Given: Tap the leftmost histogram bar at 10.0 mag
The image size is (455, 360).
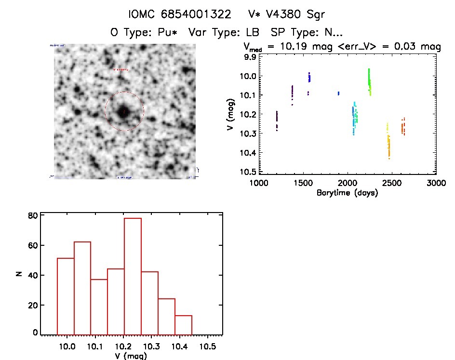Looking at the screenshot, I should click(66, 296).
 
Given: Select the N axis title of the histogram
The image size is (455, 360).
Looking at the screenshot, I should click(19, 274).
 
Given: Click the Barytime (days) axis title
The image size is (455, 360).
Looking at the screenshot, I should click(347, 193).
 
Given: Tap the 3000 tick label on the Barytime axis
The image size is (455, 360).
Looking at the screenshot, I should click(436, 183).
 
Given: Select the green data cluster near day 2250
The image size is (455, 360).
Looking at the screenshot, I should click(369, 82).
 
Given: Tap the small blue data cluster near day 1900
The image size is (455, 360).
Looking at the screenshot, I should click(338, 93).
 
